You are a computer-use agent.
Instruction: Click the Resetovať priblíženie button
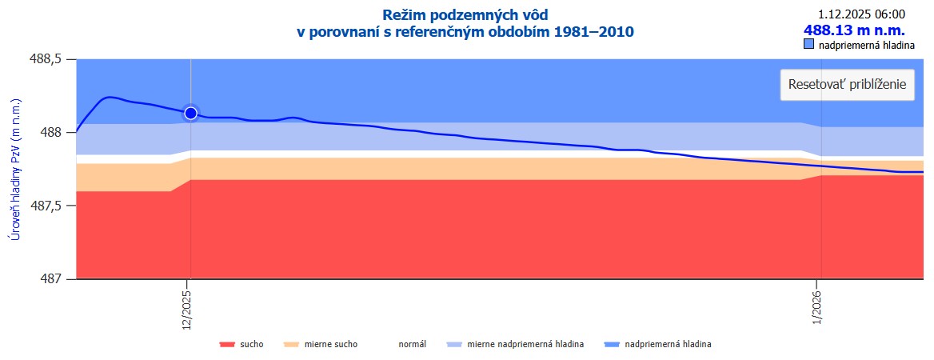(x=847, y=85)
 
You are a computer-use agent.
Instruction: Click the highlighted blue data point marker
(x=190, y=113)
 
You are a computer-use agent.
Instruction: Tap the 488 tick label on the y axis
(x=54, y=133)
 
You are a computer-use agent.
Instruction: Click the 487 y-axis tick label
(x=54, y=279)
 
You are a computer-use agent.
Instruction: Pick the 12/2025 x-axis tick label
(x=187, y=308)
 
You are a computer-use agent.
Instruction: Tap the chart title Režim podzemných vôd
(x=465, y=14)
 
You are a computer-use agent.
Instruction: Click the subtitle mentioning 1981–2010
(x=465, y=32)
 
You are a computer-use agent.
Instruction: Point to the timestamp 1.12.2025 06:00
(x=862, y=14)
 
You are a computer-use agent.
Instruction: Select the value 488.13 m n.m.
(x=854, y=30)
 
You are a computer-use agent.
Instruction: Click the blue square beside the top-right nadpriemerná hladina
(x=808, y=45)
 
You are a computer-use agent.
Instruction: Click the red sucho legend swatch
(x=227, y=345)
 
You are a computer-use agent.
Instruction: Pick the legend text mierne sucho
(x=331, y=345)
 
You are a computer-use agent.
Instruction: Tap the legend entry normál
(x=413, y=345)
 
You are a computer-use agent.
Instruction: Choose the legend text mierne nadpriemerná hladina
(x=525, y=345)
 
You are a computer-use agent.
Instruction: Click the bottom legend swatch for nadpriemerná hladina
(x=613, y=345)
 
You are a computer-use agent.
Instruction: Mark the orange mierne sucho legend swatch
(x=291, y=345)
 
